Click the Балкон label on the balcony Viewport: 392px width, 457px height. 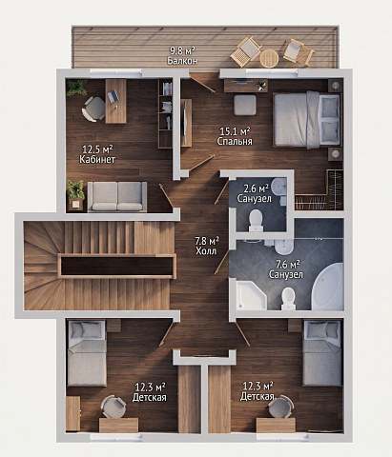182,60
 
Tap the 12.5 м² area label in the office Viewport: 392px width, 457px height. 97,149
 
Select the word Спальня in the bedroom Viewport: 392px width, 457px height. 235,141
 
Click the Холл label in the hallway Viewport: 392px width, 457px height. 206,250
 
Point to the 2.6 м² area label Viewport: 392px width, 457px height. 256,189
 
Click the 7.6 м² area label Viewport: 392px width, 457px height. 287,264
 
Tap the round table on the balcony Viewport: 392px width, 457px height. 269,58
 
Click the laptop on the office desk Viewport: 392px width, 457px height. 113,96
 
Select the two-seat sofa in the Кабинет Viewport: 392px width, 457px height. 117,196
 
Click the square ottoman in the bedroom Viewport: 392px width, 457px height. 245,105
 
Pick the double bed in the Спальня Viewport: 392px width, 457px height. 307,120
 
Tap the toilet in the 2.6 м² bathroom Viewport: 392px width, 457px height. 256,221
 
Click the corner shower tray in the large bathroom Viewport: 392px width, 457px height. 251,294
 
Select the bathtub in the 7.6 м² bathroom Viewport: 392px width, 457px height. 328,287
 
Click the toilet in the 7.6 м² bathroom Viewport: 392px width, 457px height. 288,299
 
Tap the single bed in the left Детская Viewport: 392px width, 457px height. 87,353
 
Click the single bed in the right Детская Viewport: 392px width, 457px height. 322,353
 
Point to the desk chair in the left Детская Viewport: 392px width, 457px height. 113,407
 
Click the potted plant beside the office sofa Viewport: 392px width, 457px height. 75,194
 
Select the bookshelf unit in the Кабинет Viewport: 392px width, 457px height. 165,113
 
